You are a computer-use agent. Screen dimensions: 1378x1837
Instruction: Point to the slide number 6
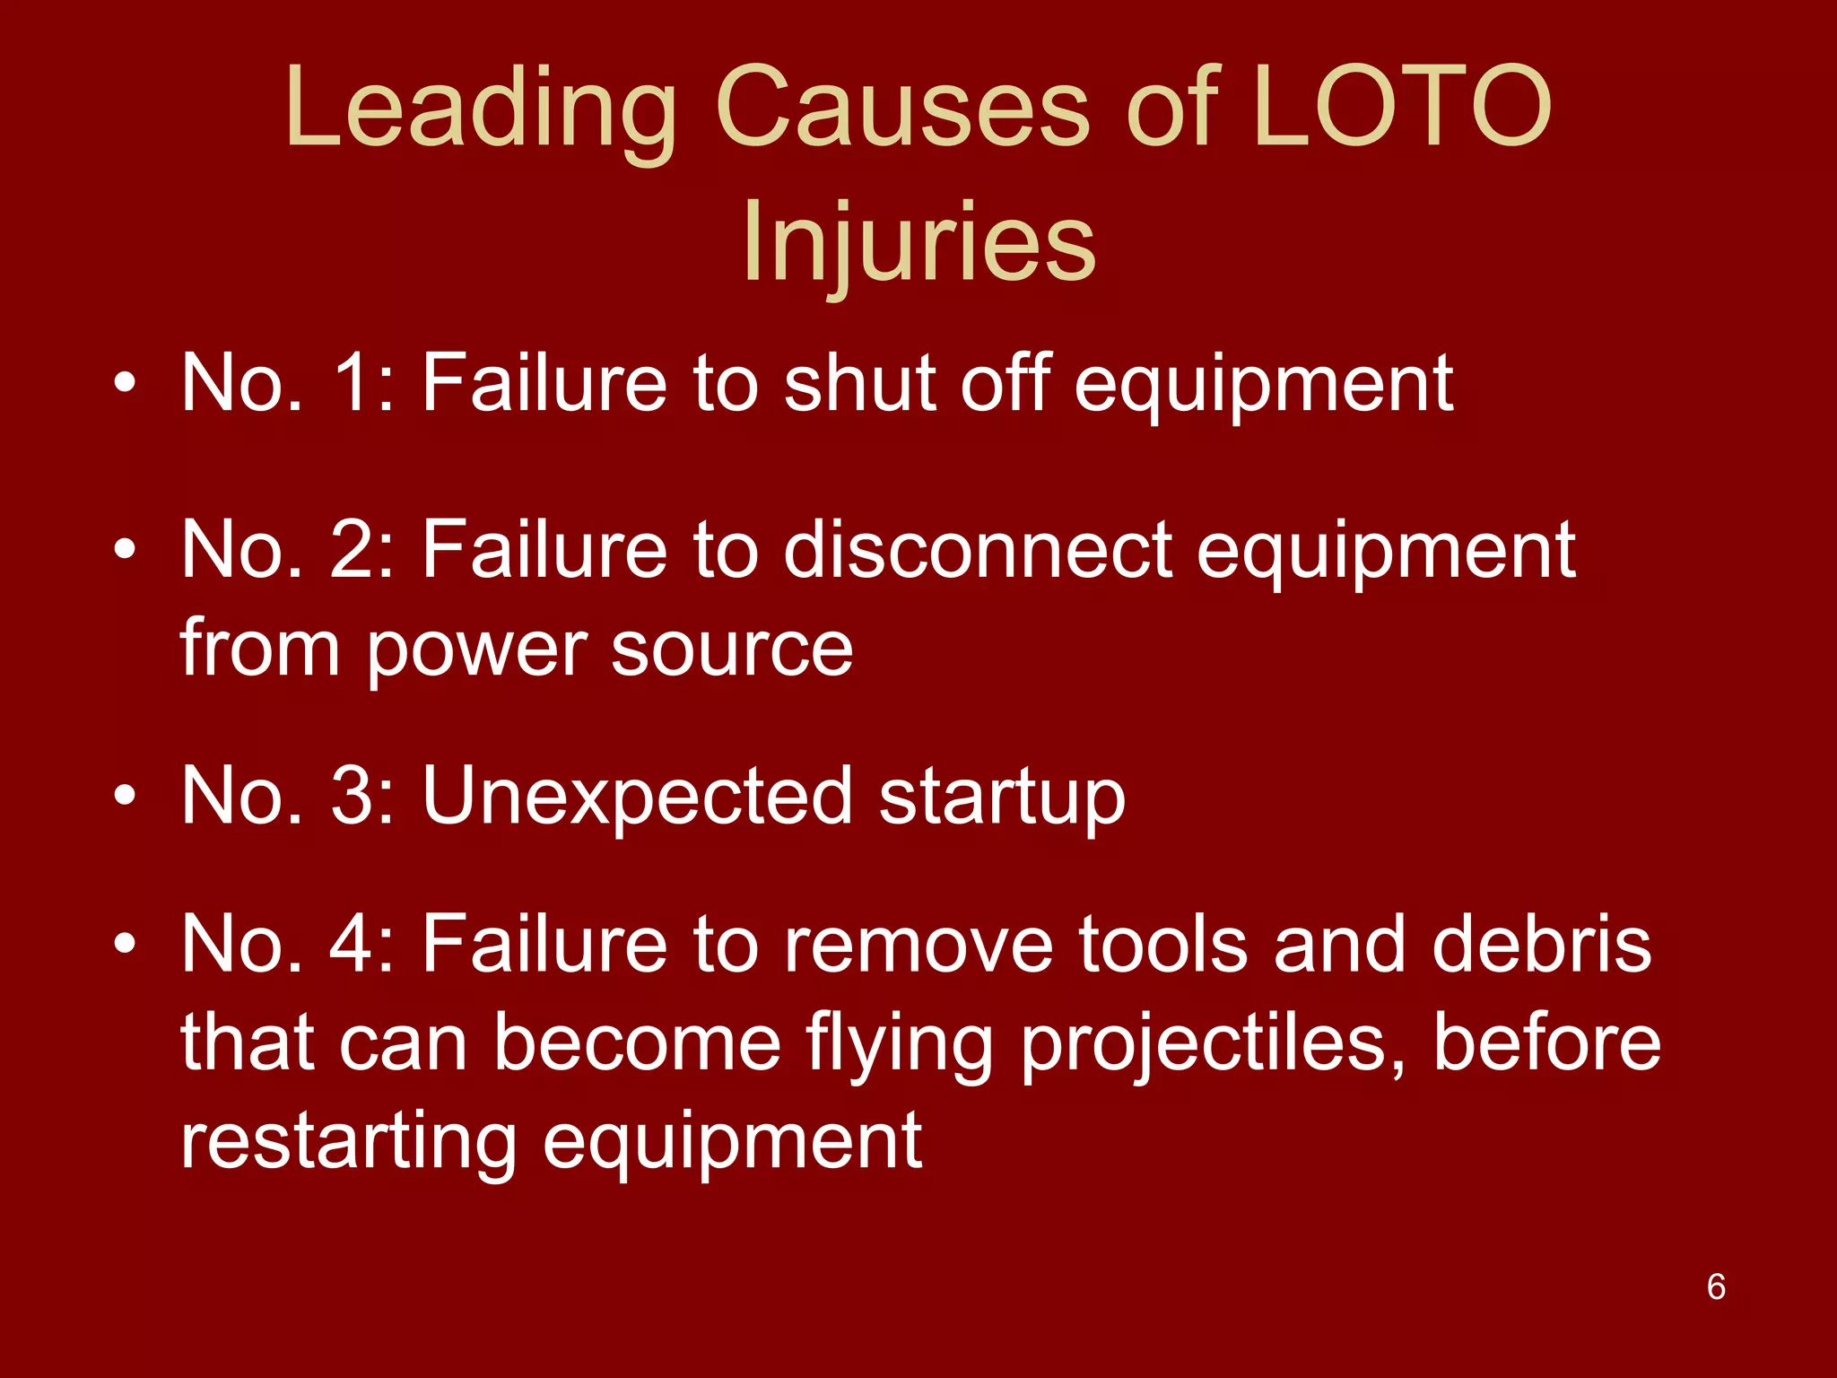(1716, 1286)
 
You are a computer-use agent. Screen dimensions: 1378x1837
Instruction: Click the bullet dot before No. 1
(125, 384)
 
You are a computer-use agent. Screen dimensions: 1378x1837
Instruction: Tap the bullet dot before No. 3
(125, 796)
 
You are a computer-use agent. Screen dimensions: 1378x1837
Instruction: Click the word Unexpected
(637, 796)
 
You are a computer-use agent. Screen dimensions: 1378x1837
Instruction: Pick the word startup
(1002, 796)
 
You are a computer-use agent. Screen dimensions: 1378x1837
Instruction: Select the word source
(732, 648)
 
